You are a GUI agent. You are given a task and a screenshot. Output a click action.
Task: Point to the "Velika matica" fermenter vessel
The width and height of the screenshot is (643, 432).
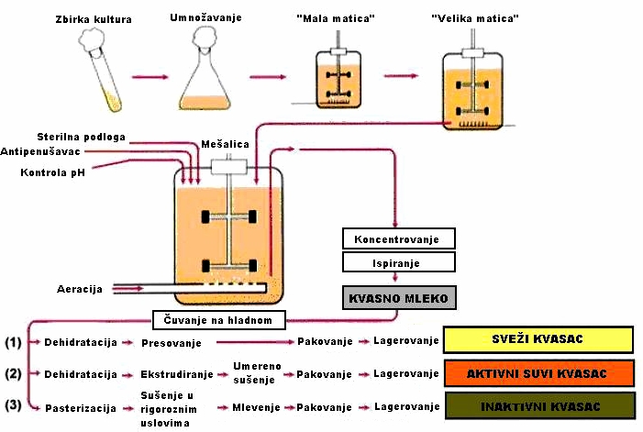click(x=473, y=93)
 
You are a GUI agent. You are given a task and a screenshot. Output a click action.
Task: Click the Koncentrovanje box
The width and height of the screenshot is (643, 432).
click(x=397, y=239)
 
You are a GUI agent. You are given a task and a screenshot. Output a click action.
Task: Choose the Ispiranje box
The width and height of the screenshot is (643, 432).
click(x=397, y=263)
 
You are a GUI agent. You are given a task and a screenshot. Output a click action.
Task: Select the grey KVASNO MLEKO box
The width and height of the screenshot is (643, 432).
click(x=396, y=298)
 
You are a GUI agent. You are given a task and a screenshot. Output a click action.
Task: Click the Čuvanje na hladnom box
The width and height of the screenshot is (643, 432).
click(x=218, y=319)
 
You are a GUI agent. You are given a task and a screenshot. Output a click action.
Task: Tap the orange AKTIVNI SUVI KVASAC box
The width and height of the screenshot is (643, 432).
click(x=538, y=373)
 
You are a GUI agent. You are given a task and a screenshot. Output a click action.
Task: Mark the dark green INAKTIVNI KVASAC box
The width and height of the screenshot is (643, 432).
click(x=538, y=405)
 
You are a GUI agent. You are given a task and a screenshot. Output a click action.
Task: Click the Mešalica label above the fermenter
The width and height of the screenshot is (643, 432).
click(x=227, y=144)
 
